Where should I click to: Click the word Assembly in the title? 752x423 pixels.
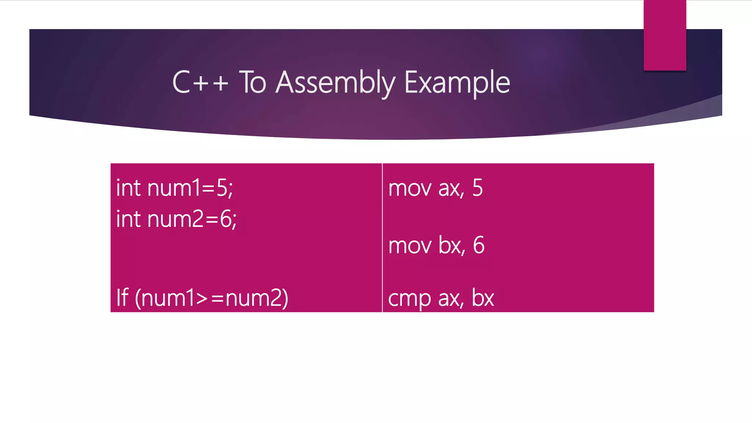[335, 83]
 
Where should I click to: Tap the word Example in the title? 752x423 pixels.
[457, 83]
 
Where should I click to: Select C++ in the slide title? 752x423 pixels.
[200, 82]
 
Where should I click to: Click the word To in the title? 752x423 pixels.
[253, 82]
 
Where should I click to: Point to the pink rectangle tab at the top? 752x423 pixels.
[665, 35]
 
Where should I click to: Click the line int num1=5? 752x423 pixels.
[174, 188]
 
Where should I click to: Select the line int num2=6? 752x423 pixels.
[176, 219]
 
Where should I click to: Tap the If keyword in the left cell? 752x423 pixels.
[122, 297]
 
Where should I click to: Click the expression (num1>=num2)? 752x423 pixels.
[211, 298]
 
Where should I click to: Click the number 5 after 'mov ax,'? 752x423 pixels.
[477, 188]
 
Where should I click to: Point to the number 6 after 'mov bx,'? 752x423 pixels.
[478, 245]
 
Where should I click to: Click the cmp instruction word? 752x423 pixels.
[409, 299]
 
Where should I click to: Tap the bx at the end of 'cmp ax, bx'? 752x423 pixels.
[482, 298]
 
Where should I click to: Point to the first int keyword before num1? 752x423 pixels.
[129, 188]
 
